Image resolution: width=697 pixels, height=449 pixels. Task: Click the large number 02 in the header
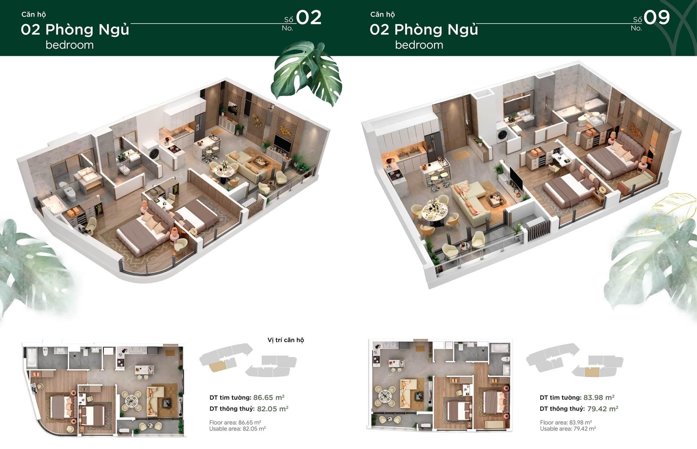pos(309,17)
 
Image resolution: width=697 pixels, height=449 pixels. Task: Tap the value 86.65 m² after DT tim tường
pos(269,397)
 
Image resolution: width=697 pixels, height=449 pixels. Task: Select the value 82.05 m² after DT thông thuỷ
pos(273,409)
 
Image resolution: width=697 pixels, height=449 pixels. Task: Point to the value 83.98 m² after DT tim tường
pos(599,397)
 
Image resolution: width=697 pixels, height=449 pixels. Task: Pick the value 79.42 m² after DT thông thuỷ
pos(603,409)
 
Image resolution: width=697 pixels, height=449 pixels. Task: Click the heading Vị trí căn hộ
pos(286,340)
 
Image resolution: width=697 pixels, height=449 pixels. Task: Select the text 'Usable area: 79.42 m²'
pos(568,429)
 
